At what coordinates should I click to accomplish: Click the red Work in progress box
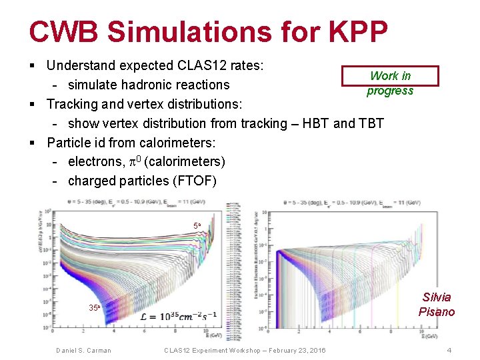click(390, 76)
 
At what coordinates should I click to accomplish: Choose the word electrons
click(95, 162)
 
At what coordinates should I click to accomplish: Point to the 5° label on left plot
click(197, 226)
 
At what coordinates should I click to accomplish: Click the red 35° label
click(94, 308)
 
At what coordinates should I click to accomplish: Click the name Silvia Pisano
click(437, 305)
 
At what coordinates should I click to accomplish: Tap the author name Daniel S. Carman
click(83, 351)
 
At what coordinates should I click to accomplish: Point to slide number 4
click(449, 351)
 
